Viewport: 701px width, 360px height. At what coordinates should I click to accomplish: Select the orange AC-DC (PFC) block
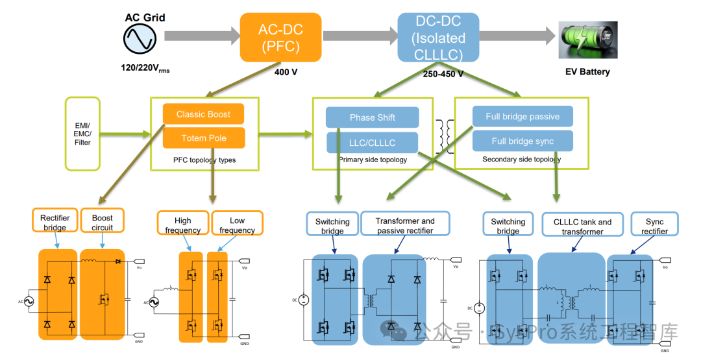(280, 38)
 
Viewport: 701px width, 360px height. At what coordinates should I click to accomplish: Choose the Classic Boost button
(203, 114)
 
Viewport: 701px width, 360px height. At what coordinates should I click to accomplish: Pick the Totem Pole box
(203, 138)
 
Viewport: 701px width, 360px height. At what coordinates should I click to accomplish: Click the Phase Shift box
(372, 117)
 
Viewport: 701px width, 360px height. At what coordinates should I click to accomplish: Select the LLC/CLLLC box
(372, 143)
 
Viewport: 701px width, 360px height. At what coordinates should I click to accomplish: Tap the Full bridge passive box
(522, 117)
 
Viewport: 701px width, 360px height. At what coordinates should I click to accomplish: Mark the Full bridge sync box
(522, 141)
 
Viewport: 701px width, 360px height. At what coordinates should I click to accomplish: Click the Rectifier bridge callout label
(55, 222)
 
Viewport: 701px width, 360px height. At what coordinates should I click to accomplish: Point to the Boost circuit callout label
(102, 222)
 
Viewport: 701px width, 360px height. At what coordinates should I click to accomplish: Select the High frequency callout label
(182, 224)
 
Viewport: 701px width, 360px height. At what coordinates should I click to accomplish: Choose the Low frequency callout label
(237, 224)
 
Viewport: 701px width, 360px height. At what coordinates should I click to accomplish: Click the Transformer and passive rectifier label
(405, 225)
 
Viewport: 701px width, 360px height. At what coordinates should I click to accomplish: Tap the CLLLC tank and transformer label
(582, 226)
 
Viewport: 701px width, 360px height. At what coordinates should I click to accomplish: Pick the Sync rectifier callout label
(654, 226)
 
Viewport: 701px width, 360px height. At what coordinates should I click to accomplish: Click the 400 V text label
(286, 72)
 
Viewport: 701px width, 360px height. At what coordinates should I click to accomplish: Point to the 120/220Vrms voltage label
(145, 68)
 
